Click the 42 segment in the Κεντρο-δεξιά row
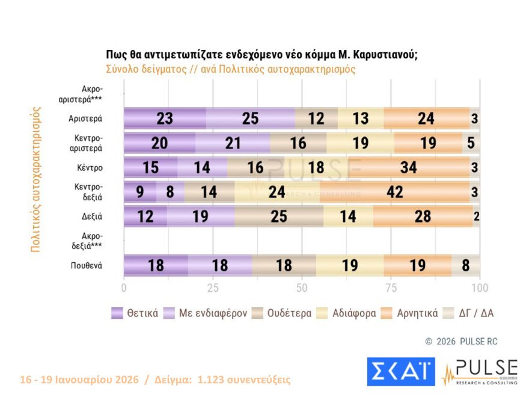(395, 192)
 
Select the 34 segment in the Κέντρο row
(408, 167)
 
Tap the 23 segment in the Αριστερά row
(165, 118)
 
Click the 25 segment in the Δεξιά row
(279, 217)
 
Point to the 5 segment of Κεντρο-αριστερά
(471, 143)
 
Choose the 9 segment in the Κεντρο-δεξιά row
(139, 192)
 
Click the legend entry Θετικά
(135, 313)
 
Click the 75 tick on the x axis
(391, 288)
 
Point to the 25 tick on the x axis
(213, 288)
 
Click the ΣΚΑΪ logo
(401, 372)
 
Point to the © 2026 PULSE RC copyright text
(461, 341)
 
